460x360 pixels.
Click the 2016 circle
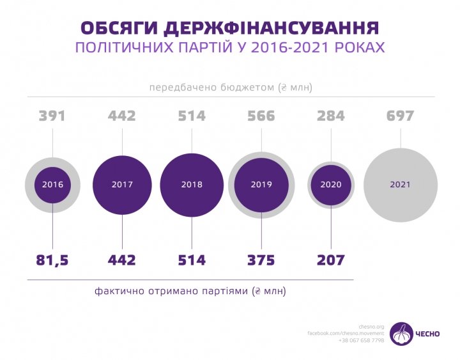click(52, 185)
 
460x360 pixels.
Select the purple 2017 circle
click(122, 185)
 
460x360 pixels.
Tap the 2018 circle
click(192, 185)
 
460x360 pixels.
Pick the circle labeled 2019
click(261, 185)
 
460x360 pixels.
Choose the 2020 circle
click(331, 185)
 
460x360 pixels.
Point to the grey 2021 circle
click(401, 185)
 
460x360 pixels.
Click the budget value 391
click(52, 116)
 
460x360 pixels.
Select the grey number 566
click(261, 116)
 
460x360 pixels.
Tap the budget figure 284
click(331, 116)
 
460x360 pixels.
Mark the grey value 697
click(401, 116)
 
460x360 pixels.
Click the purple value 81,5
click(52, 260)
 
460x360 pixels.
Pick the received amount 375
click(261, 260)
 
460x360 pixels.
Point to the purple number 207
click(331, 260)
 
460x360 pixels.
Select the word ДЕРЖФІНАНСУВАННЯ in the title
click(271, 28)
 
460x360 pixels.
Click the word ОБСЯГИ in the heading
click(118, 28)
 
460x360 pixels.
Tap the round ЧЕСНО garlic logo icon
click(402, 334)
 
